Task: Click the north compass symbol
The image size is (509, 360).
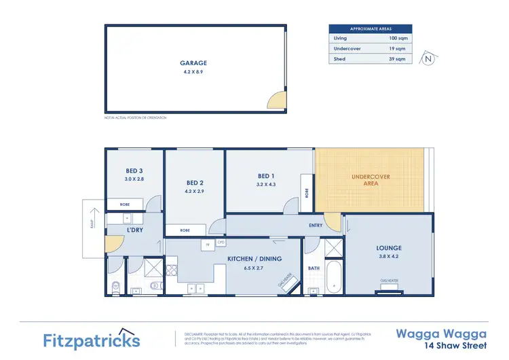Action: click(x=426, y=58)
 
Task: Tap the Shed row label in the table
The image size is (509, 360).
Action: click(x=339, y=59)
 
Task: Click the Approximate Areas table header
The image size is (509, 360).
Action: click(x=371, y=29)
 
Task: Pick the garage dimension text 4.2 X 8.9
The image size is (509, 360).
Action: click(x=193, y=71)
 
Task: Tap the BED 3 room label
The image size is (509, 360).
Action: click(x=134, y=170)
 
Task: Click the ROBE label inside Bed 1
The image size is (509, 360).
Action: click(x=306, y=192)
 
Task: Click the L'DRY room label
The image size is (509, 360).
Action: click(x=134, y=230)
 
